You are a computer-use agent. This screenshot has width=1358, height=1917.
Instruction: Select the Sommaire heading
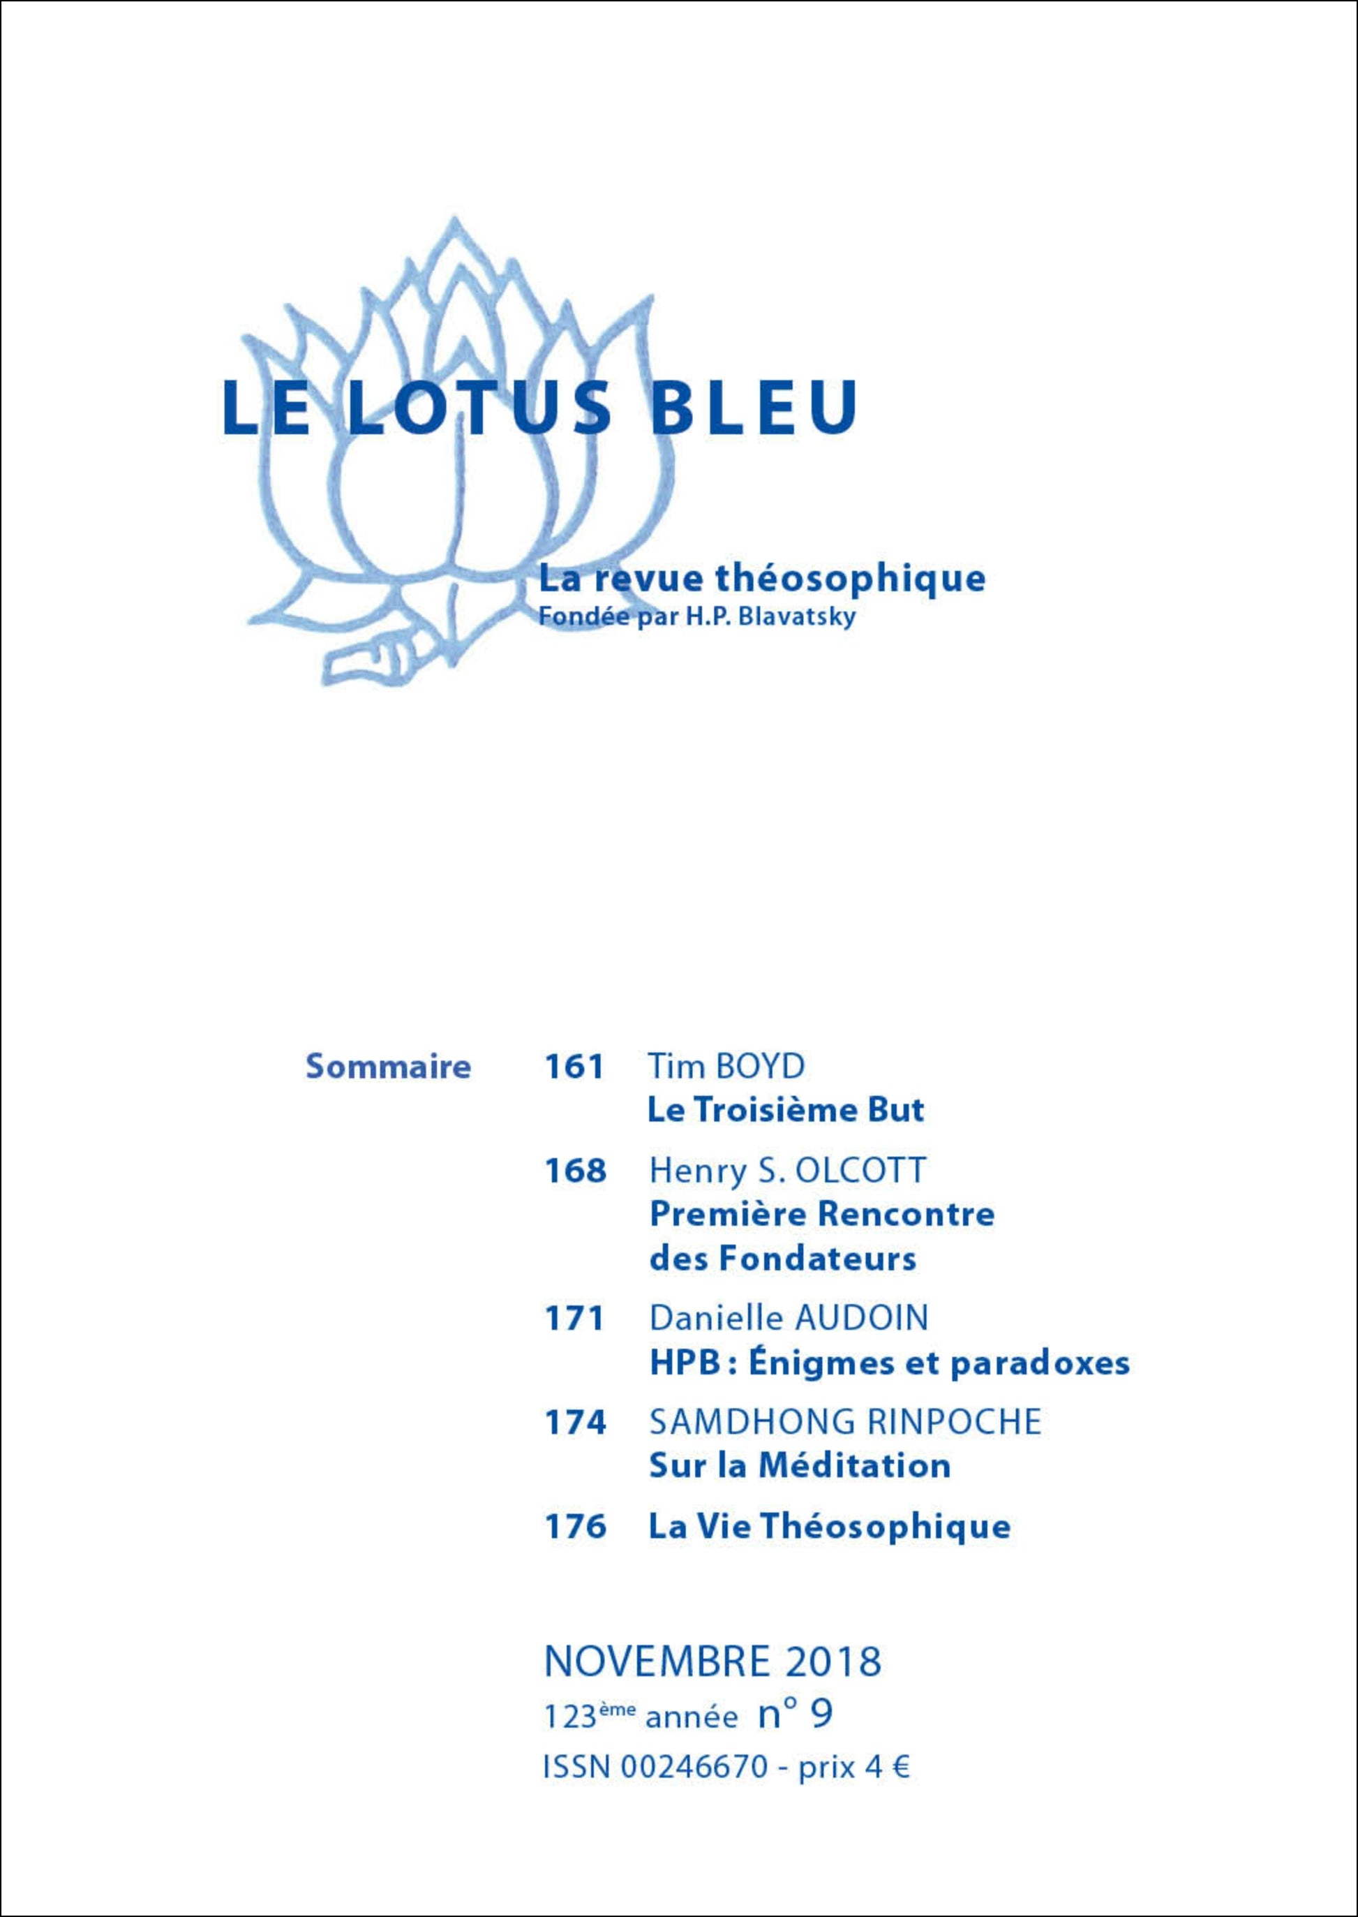click(x=388, y=1067)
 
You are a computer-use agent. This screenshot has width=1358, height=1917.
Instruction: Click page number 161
click(x=574, y=1067)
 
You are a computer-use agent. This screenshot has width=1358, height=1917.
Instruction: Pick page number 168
click(x=574, y=1171)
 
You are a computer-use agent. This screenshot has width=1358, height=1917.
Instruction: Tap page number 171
click(x=574, y=1319)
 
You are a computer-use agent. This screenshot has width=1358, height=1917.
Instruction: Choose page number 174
click(x=574, y=1423)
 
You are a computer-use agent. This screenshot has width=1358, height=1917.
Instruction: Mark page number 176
click(x=574, y=1527)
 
